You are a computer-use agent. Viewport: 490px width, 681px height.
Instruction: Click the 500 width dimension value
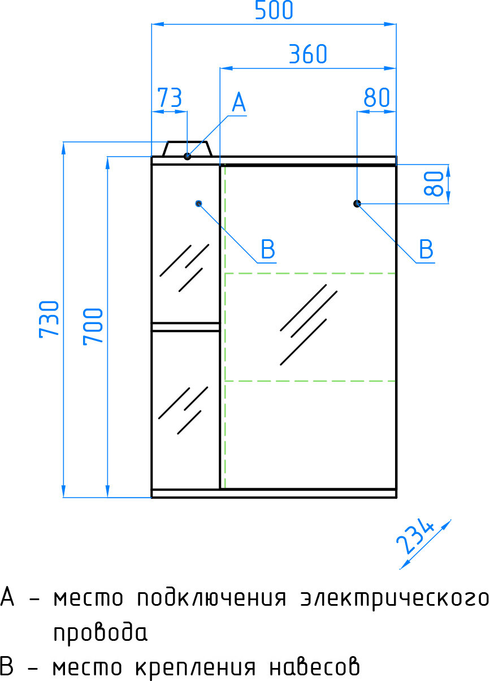[x=274, y=10]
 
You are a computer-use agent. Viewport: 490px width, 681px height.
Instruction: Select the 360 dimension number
[x=307, y=54]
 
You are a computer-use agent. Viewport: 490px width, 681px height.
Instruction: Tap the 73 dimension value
[x=170, y=97]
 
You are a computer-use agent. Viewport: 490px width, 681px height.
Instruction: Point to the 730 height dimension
[x=49, y=319]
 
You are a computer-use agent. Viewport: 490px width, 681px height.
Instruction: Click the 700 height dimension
[x=93, y=326]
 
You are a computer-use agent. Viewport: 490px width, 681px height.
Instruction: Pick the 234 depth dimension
[x=415, y=537]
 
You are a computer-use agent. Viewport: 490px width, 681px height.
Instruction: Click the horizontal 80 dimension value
[x=377, y=97]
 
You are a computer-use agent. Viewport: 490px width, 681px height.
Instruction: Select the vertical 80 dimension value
[x=434, y=183]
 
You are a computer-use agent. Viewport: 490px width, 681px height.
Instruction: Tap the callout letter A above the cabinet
[x=239, y=102]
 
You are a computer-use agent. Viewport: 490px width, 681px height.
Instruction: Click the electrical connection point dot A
[x=188, y=157]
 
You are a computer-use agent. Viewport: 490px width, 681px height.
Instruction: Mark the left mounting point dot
[x=199, y=204]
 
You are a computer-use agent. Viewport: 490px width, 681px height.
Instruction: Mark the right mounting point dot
[x=357, y=204]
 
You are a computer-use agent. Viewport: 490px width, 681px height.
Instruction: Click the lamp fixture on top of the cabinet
[x=188, y=149]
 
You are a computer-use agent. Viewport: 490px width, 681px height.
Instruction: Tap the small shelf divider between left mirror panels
[x=185, y=327]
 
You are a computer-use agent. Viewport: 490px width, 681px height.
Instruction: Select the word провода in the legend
[x=100, y=633]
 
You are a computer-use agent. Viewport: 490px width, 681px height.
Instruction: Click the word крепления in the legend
[x=195, y=670]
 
